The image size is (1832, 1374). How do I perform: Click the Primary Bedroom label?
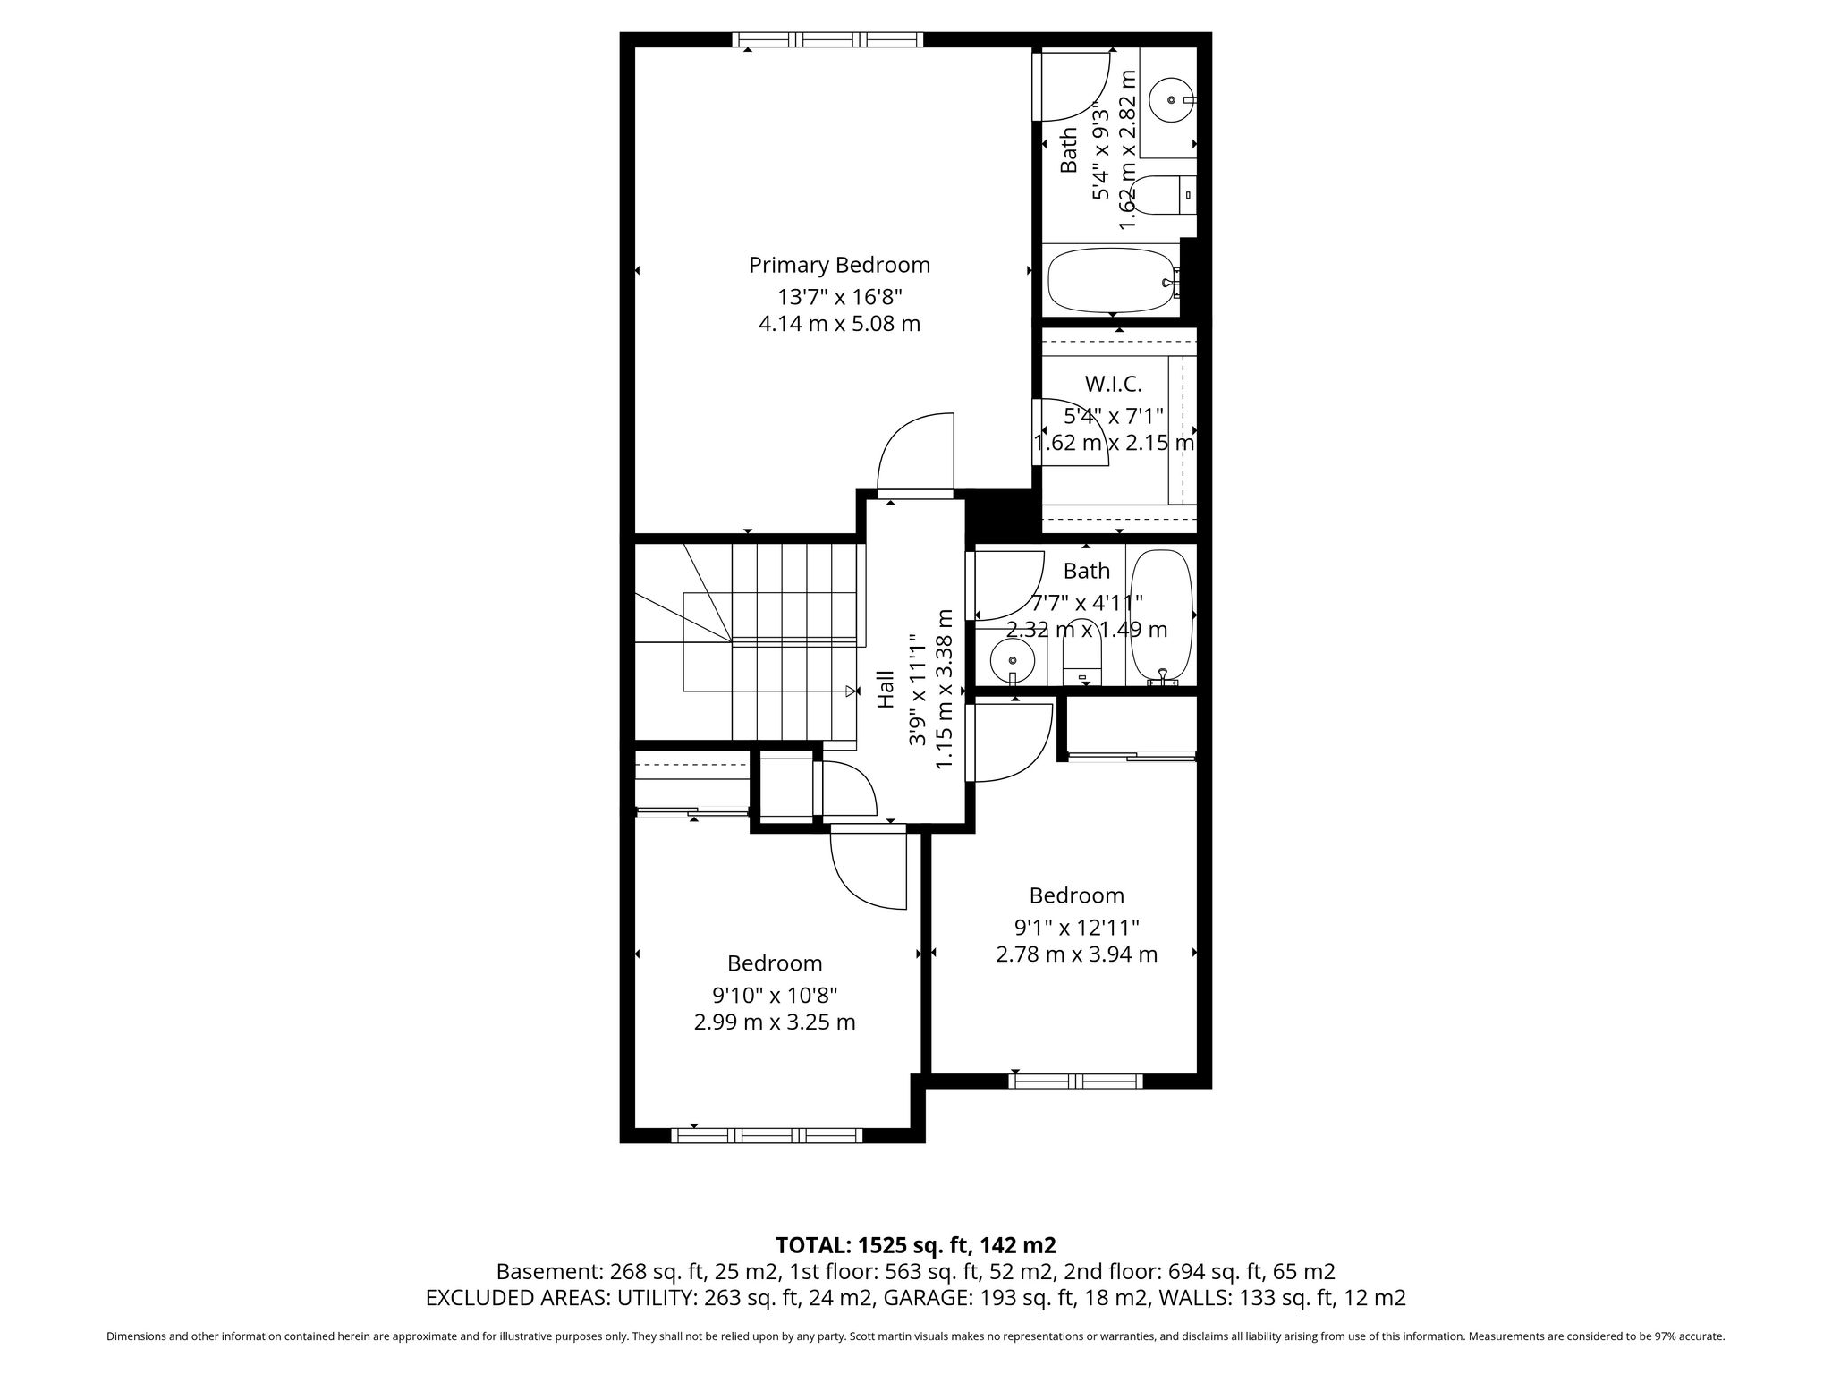click(x=839, y=265)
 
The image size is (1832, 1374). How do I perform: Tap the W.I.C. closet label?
click(x=1113, y=384)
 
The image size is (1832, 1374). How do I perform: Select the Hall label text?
click(x=886, y=690)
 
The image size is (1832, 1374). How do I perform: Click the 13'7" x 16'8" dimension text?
click(x=839, y=296)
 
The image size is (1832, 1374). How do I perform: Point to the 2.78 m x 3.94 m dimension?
click(x=1076, y=954)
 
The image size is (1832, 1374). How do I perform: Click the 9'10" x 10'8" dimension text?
click(x=775, y=995)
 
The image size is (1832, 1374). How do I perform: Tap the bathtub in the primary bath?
click(x=1112, y=281)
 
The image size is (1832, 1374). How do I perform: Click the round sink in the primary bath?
click(x=1171, y=100)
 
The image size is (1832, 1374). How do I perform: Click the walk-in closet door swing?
click(x=1072, y=432)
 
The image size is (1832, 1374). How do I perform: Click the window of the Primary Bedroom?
click(x=827, y=39)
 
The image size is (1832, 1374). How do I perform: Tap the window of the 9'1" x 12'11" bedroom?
click(x=1076, y=1081)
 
